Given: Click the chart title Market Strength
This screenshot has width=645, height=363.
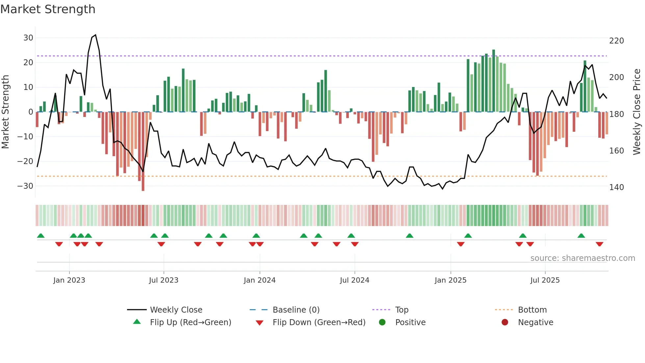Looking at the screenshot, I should (48, 9).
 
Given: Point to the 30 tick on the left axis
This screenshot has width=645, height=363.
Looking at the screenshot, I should (28, 38).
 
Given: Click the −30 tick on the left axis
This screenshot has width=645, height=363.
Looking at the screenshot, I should (26, 186).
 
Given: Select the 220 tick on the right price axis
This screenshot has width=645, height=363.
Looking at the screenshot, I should (616, 41).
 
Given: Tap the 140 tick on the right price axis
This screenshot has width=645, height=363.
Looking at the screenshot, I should (616, 187).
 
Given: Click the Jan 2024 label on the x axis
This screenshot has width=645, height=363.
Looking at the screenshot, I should (260, 280).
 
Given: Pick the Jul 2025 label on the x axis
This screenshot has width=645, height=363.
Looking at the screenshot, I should (545, 280).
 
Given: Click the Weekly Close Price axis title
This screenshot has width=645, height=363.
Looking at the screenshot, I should (637, 112).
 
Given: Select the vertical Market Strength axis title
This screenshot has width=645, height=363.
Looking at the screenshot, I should (5, 112).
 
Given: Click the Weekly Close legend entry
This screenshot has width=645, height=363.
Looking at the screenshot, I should (176, 310).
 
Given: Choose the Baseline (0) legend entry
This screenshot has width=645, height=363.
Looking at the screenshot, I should (296, 310).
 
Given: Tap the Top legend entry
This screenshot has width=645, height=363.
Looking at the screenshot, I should (401, 310).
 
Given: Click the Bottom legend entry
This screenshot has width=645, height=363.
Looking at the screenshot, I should (532, 310).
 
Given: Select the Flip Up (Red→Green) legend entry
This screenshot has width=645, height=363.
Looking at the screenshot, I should (190, 322).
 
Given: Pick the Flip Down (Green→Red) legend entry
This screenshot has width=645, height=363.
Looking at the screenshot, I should (319, 322).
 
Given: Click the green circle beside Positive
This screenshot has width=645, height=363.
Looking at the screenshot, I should (382, 322).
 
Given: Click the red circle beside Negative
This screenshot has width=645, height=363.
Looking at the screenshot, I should (505, 322).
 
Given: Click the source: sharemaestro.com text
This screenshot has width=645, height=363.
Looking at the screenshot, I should (582, 258).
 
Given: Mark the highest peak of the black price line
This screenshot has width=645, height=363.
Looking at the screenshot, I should (95, 35).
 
